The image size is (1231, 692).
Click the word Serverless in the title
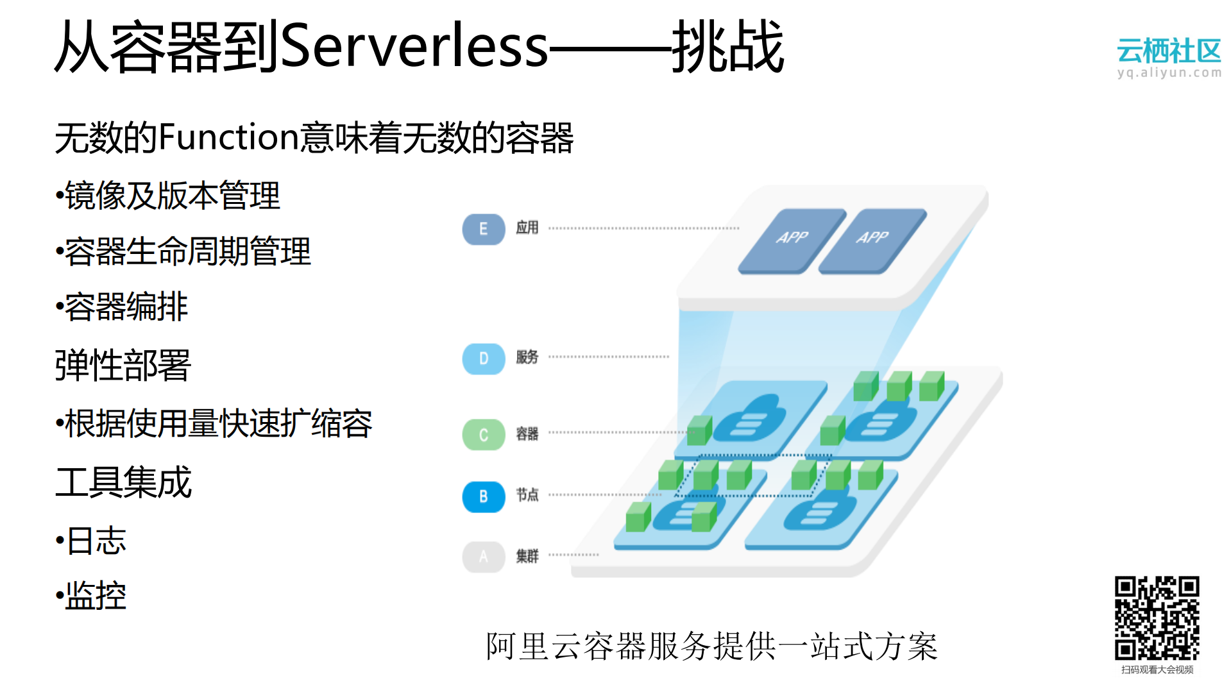[414, 46]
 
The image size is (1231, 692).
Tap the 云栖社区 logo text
[1168, 51]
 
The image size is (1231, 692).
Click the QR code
[1157, 618]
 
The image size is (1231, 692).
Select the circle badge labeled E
[483, 229]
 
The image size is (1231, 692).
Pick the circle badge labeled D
[483, 359]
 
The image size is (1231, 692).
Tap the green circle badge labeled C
[483, 435]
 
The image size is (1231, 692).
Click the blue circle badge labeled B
[483, 496]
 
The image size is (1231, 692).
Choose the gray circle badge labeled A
[483, 556]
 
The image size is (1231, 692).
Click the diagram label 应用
[527, 228]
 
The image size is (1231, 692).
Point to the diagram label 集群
[527, 555]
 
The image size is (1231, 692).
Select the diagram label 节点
[527, 494]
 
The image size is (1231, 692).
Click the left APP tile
[792, 240]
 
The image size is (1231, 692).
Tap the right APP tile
[872, 240]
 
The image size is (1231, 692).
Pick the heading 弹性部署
[123, 365]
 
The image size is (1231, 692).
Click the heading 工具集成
[123, 482]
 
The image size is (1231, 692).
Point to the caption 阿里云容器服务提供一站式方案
[711, 646]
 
